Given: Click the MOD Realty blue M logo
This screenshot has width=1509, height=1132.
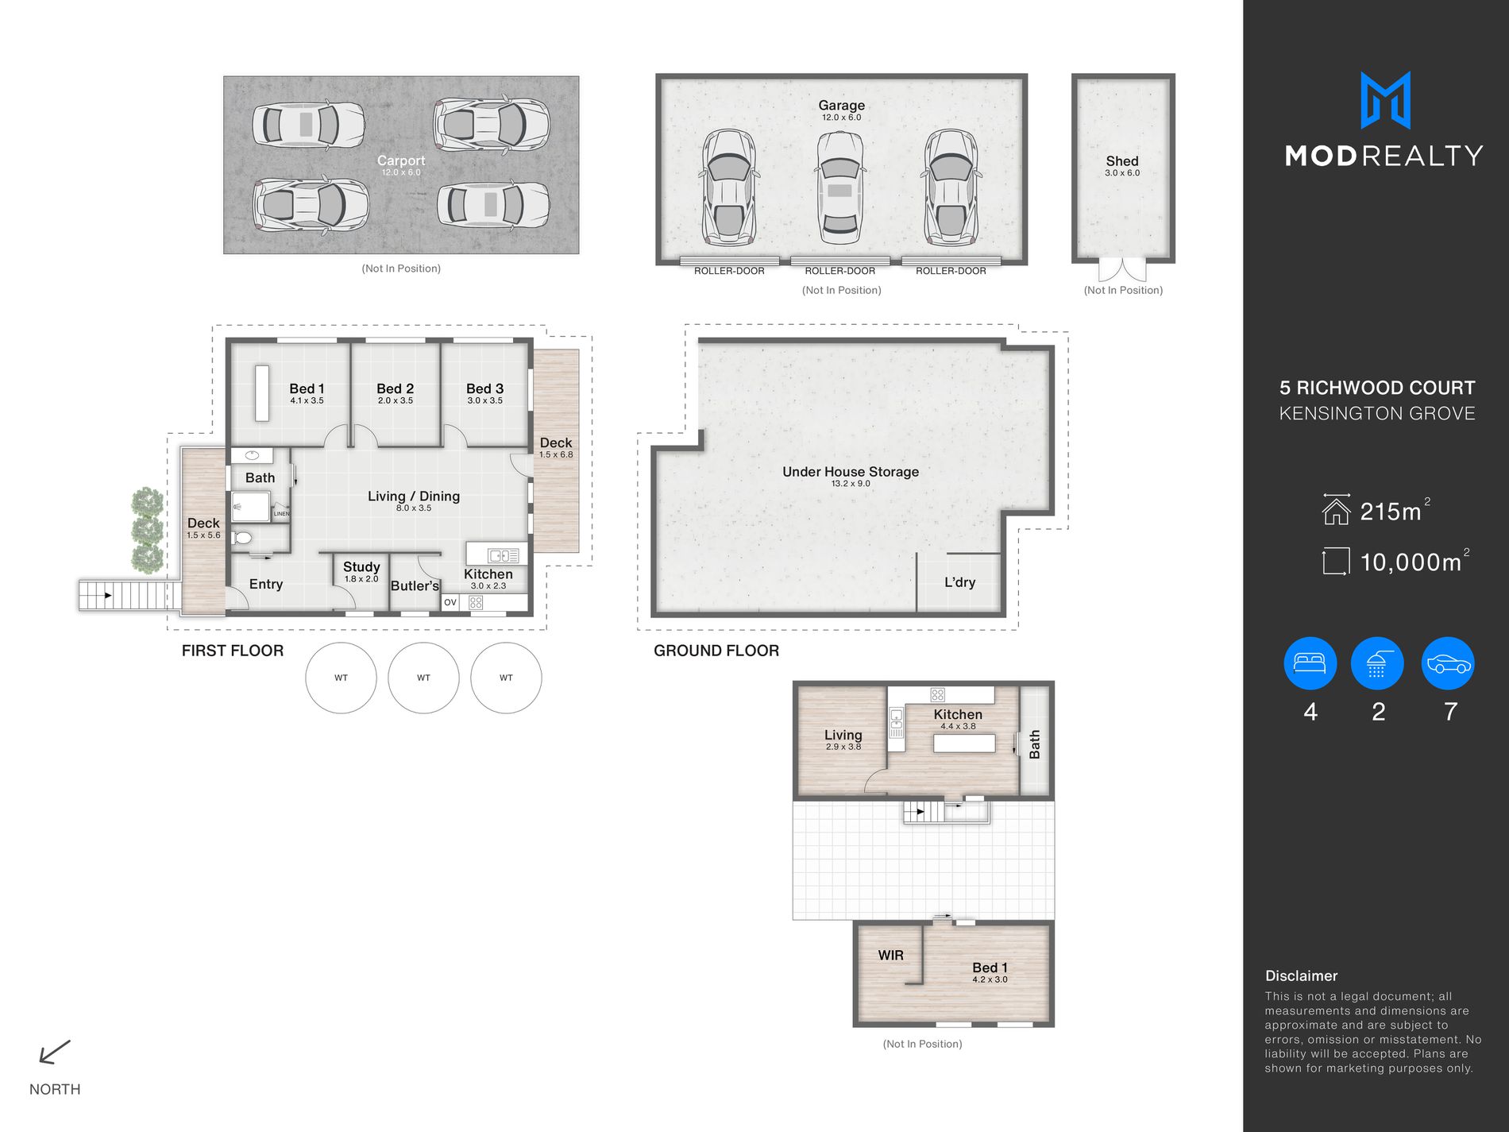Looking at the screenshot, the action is (1385, 100).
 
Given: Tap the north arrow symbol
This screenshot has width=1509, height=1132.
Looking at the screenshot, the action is (55, 1052).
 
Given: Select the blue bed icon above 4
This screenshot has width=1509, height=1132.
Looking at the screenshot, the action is (1310, 663).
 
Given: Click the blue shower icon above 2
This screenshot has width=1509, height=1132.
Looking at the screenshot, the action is (1377, 663).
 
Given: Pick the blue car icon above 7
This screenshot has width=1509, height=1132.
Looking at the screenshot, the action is (1449, 663).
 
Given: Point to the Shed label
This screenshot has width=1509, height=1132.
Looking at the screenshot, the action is (1122, 161).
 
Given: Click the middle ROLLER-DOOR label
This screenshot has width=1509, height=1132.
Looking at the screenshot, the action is (839, 271).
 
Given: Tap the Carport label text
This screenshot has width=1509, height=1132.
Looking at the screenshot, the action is (401, 160).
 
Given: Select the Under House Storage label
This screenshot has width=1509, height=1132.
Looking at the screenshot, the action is (851, 472).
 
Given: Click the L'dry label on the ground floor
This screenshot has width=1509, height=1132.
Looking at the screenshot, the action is (959, 582).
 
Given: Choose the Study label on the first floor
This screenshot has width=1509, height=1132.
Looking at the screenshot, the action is (361, 567).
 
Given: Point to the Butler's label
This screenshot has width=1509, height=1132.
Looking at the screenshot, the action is (415, 586).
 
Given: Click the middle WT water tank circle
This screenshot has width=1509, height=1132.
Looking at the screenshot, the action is (423, 678).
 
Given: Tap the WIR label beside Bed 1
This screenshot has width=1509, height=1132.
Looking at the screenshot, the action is (890, 956).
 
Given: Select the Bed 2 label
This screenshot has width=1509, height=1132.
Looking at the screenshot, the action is (395, 388).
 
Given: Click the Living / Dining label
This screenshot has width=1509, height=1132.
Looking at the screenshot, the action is (414, 496).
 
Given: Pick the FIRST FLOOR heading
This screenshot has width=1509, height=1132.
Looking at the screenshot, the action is (233, 651).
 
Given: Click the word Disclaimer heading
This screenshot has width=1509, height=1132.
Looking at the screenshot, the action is (1301, 976).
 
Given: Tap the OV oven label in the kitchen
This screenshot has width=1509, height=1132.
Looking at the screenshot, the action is (450, 602).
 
